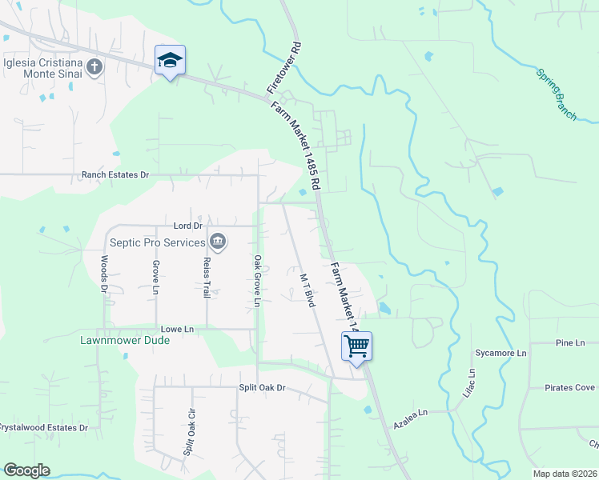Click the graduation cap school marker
(170, 60)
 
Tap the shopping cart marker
(356, 346)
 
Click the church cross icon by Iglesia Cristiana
(94, 66)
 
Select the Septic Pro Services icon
(217, 242)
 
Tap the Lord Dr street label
(186, 226)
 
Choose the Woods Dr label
(104, 275)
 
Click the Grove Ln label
(155, 277)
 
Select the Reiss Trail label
(206, 278)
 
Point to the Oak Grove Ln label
(257, 281)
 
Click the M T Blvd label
(306, 290)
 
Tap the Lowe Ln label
(178, 329)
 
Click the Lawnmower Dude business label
(125, 340)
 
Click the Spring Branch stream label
(556, 94)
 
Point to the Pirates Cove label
(569, 388)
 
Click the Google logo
(26, 470)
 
